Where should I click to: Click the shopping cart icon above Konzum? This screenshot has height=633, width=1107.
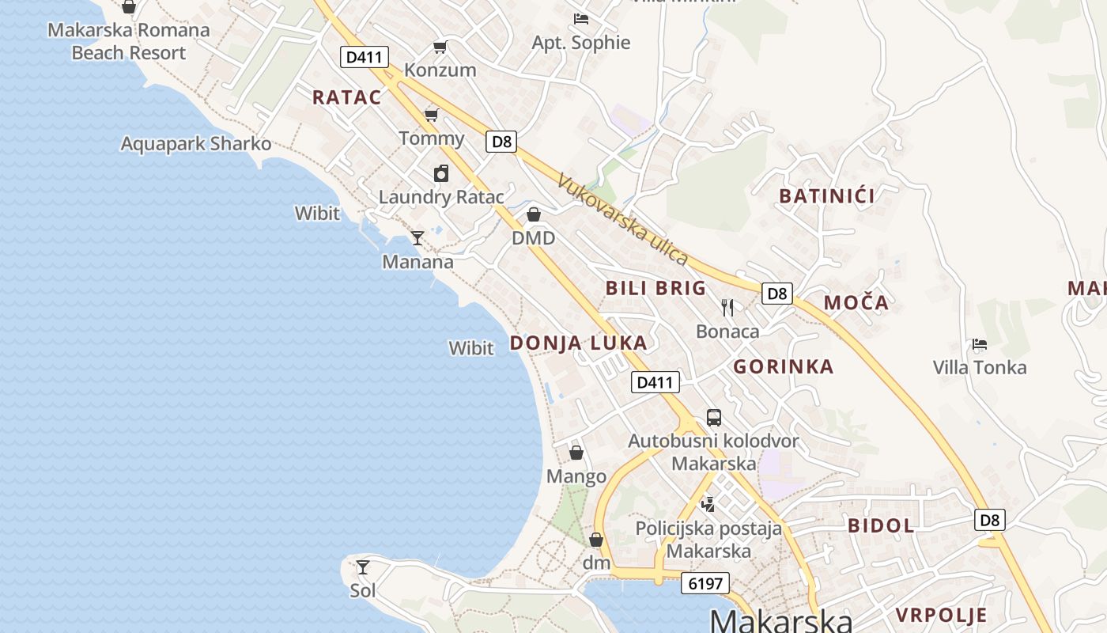440,47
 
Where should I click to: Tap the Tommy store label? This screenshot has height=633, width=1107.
431,138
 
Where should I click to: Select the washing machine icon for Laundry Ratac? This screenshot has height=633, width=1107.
441,173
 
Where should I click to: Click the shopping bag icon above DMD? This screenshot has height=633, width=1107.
534,214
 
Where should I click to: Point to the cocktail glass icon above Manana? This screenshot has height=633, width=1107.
417,237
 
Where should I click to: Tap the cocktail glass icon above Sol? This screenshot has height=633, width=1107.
363,567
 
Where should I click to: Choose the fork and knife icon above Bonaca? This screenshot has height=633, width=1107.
727,307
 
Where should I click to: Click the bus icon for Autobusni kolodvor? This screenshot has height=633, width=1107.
714,417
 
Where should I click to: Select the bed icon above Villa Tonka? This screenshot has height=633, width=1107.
980,344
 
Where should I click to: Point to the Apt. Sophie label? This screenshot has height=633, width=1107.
581,43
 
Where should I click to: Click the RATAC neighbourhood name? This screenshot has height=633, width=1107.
346,98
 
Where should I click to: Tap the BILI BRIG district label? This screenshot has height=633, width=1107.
656,288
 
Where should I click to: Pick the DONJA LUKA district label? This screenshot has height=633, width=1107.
579,343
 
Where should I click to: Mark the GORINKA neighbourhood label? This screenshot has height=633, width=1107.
783,366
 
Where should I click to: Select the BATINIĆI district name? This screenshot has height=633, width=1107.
827,196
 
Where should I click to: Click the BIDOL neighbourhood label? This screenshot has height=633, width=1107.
881,525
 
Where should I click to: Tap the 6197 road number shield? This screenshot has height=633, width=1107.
705,584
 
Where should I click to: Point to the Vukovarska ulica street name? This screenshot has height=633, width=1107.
623,219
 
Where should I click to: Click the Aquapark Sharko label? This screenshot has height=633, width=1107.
195,144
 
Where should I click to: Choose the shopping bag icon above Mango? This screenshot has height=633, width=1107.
576,453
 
